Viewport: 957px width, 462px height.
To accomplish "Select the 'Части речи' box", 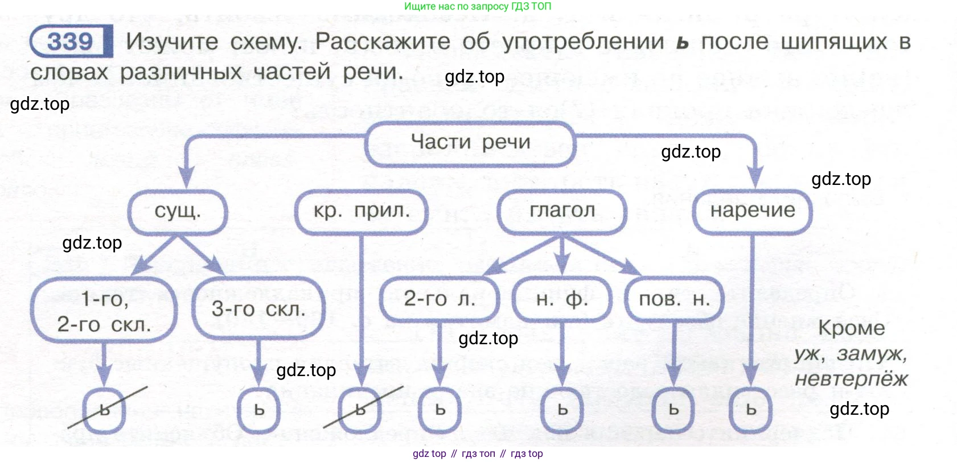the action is coord(470,143).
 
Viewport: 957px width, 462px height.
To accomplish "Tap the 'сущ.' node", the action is coord(178,212).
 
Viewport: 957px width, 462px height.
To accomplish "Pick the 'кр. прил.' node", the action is coord(362,212).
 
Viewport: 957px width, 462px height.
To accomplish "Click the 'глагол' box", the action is coord(562,212).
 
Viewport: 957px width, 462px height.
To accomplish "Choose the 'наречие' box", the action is coord(753,212).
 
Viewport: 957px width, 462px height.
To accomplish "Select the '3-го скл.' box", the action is coord(258,309).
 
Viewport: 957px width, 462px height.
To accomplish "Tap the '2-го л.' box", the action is coord(440,299).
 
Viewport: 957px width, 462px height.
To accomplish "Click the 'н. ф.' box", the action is coord(562,299).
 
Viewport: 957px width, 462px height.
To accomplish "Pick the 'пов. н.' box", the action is coord(674,299).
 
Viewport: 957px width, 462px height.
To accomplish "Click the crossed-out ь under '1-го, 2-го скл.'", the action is coord(104,410).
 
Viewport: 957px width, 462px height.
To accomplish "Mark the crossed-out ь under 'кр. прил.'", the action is coord(360,410).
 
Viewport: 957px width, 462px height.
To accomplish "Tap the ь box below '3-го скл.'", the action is coord(259,410).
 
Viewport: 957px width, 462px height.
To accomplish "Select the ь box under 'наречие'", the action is coord(751,410).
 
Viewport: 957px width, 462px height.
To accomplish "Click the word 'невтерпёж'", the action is coord(851,379).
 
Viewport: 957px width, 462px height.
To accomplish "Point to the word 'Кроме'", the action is coord(852,328).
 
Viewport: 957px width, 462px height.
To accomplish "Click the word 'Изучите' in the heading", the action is coord(172,42).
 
